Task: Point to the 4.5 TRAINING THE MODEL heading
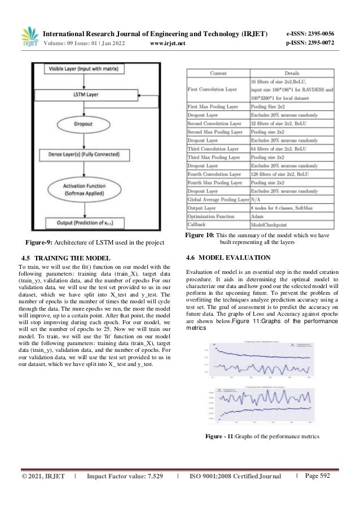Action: pos(62,259)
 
